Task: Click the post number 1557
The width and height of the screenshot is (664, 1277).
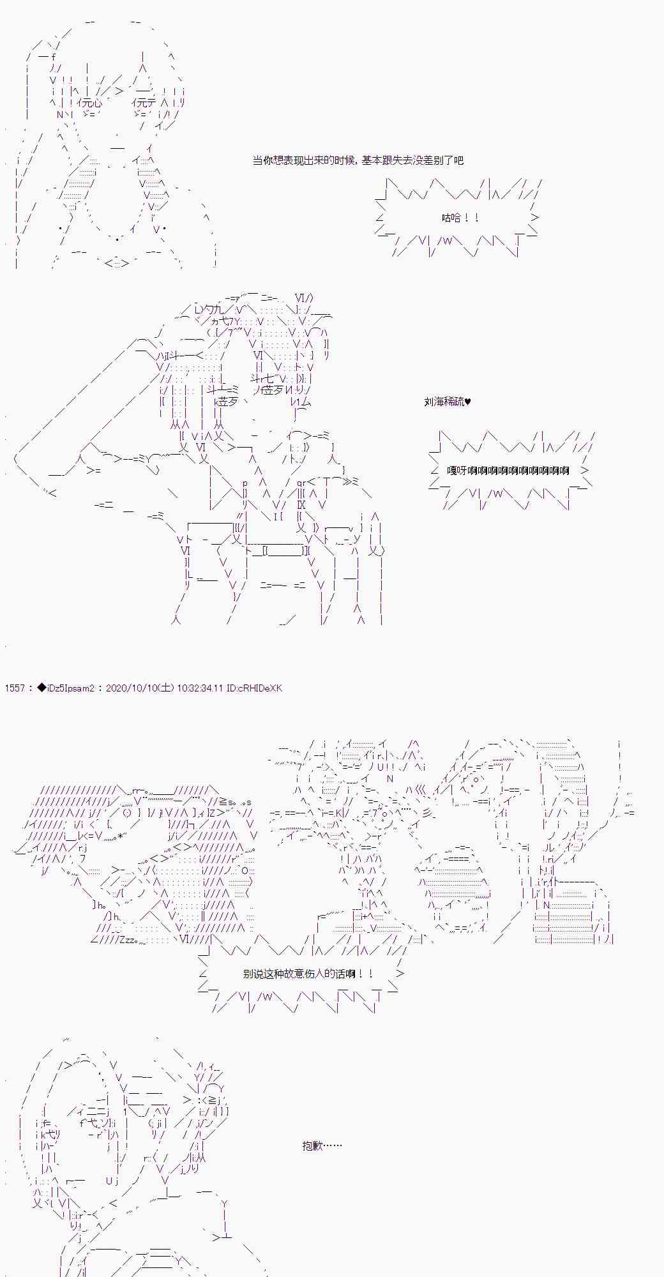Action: [14, 688]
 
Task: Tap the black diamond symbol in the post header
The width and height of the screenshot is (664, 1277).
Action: [41, 688]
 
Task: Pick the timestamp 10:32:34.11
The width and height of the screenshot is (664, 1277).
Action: [200, 688]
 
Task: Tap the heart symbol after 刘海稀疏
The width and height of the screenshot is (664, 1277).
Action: [468, 402]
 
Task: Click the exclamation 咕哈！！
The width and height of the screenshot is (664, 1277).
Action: [460, 218]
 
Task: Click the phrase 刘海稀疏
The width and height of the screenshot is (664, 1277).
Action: [444, 402]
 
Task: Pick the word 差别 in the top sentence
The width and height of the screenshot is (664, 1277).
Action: [432, 160]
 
